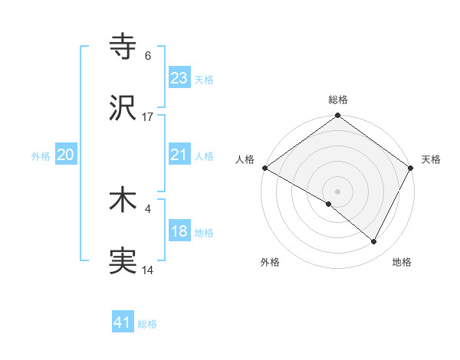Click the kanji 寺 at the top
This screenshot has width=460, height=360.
point(123,47)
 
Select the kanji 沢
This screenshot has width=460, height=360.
point(123,108)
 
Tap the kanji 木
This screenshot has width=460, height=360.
point(123,201)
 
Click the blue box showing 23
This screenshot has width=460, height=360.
point(179,77)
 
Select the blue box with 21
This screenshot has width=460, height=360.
point(179,155)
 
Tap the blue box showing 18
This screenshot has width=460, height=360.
point(179,231)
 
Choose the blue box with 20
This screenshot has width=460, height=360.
point(65,155)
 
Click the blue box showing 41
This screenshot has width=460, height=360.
point(123,322)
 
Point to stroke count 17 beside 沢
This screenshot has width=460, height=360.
point(148,117)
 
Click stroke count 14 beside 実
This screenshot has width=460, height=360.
point(148,270)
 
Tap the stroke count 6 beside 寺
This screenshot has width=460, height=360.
point(148,56)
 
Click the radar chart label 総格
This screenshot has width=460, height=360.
point(338,100)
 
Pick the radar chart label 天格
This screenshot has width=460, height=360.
point(431,159)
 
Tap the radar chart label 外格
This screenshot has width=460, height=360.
point(270,262)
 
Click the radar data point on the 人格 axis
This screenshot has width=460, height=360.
point(264,168)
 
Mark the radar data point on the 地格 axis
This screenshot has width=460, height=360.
point(374,242)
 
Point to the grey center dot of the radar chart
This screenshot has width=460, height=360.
point(338,191)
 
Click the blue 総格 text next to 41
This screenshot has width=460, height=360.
point(147,324)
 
